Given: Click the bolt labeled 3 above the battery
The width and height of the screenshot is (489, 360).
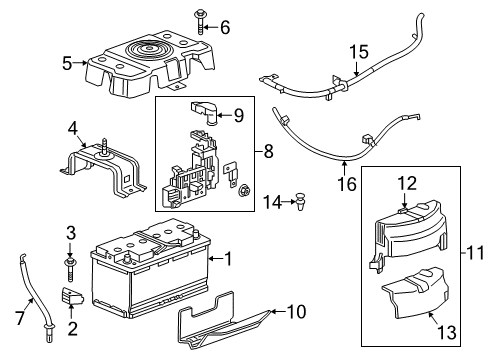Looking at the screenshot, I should point(71,264).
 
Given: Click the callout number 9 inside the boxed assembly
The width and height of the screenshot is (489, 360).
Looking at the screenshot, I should point(238,116).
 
